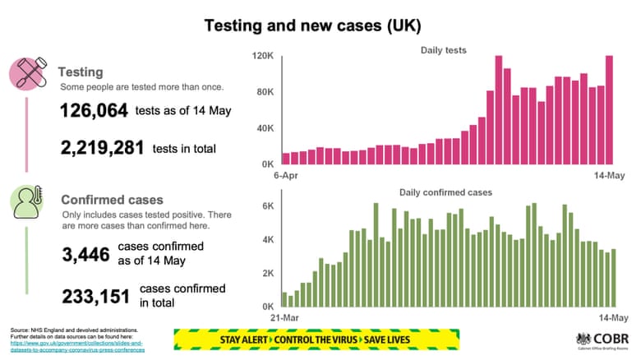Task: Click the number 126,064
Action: click(93, 112)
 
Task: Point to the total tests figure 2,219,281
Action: click(102, 148)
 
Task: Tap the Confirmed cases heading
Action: click(112, 200)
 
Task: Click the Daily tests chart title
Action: click(443, 50)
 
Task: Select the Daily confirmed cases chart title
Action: click(445, 192)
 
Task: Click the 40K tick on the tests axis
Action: click(264, 128)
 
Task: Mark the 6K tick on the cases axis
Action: click(266, 205)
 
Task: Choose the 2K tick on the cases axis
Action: click(266, 273)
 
